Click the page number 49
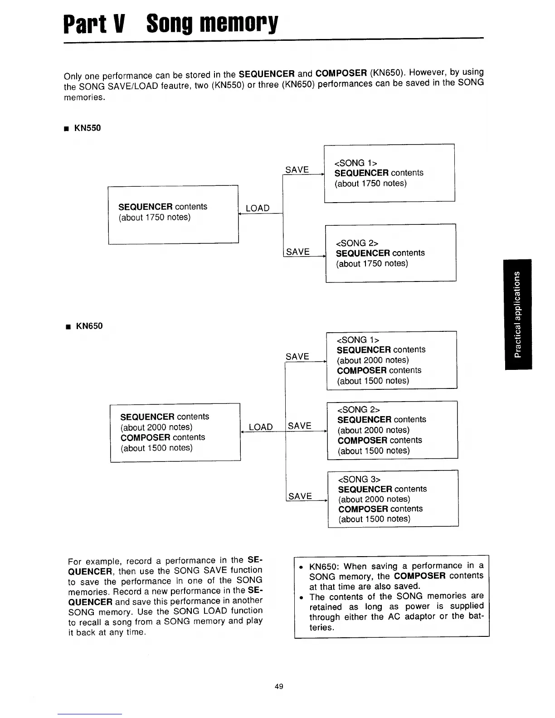[x=279, y=686]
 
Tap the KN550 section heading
[x=88, y=128]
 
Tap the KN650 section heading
[x=89, y=326]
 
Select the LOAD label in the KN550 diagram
[x=257, y=208]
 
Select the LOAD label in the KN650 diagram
[x=261, y=427]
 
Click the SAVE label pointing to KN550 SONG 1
[x=297, y=170]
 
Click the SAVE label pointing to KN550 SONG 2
[x=298, y=252]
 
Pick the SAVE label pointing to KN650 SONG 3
[x=300, y=496]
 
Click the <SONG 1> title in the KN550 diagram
[x=355, y=163]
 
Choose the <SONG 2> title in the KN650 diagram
[x=358, y=409]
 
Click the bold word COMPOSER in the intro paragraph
[x=341, y=73]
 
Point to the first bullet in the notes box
[x=301, y=567]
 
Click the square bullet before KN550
[x=67, y=129]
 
